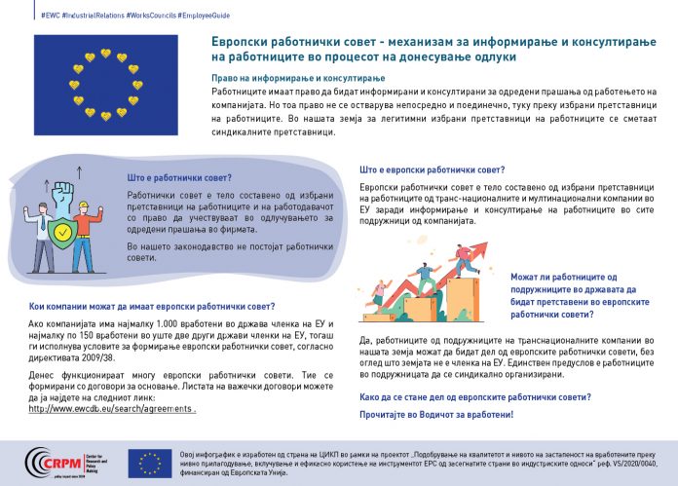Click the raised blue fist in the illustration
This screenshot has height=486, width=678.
64,192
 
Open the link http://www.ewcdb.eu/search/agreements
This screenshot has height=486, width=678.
112,409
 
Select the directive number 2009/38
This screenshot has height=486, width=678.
96,358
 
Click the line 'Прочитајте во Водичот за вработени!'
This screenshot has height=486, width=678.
435,415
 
